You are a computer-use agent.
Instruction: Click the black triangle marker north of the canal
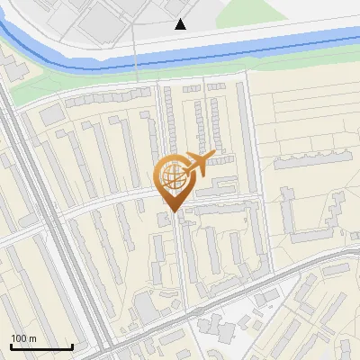[x=181, y=24]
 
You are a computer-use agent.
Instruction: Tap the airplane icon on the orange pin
[x=198, y=163]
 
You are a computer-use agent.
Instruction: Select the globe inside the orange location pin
[x=172, y=175]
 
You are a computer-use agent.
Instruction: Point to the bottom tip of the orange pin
[x=174, y=211]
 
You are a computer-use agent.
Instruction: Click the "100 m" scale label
[x=23, y=337]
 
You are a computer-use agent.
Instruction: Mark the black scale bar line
[x=41, y=346]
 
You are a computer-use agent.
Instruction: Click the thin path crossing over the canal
[x=135, y=54]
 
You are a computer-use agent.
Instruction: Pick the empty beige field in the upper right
[x=310, y=117]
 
